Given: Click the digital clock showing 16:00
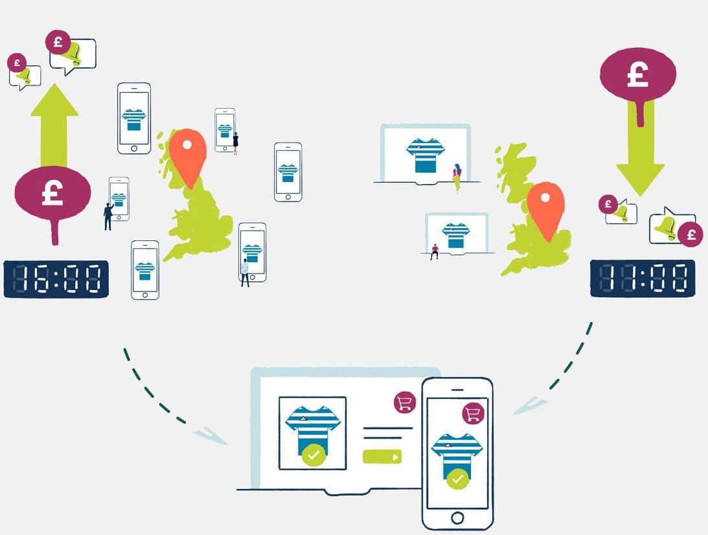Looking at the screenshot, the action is tap(56, 279).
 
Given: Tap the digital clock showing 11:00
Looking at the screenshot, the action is tap(643, 278).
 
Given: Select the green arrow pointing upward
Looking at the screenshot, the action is tap(54, 125).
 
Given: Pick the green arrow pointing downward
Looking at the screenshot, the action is tap(640, 148).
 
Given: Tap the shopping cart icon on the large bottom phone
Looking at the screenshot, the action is tap(474, 413).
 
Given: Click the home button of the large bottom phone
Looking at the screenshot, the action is tap(457, 518).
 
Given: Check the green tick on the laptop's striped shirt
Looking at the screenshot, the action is tap(314, 455).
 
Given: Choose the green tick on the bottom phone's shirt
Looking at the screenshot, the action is tap(458, 479).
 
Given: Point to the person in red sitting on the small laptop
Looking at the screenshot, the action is tap(435, 252).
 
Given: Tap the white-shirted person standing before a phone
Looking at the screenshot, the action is tap(245, 273).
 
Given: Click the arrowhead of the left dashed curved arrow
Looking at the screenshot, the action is tap(210, 435).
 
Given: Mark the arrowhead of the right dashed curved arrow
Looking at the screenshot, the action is tap(530, 405).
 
